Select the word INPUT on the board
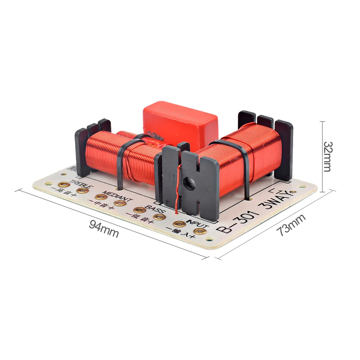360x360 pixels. coord(195,220)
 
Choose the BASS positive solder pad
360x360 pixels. coord(159,217)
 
